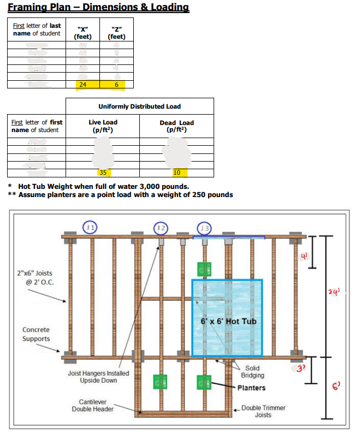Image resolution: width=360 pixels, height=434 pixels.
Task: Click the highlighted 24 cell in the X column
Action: [x=83, y=85]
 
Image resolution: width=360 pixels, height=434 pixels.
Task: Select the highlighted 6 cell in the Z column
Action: [x=116, y=85]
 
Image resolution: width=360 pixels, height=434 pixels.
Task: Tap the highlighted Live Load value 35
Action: [x=103, y=173]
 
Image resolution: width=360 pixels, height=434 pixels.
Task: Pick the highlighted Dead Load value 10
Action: [x=176, y=173]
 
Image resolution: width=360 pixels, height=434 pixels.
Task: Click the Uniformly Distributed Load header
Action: [x=140, y=106]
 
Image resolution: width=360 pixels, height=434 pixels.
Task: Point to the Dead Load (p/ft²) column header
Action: [x=176, y=126]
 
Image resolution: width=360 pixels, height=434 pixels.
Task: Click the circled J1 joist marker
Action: [x=91, y=227]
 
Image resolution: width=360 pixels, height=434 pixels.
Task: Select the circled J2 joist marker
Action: [x=160, y=227]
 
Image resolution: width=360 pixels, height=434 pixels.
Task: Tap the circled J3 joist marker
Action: [x=204, y=227]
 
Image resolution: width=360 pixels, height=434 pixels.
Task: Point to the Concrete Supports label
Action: [x=36, y=334]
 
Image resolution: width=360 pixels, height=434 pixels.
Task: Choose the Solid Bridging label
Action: [x=252, y=372]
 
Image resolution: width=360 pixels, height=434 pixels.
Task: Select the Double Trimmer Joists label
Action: [x=263, y=411]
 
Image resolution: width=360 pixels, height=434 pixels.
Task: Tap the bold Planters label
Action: [x=251, y=388]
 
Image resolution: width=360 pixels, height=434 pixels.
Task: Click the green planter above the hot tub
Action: [x=204, y=269]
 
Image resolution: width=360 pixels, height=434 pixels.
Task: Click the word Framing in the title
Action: [x=28, y=7]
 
